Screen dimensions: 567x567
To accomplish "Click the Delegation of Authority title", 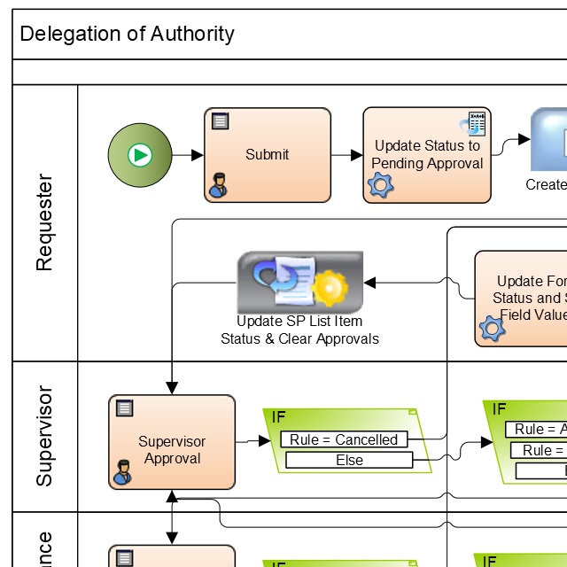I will [x=127, y=35].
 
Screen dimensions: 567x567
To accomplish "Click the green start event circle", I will [x=138, y=155].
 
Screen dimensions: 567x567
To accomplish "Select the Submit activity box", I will [x=268, y=155].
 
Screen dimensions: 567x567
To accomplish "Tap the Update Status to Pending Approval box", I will [x=427, y=155].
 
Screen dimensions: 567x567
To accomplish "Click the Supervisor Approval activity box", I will [x=172, y=450].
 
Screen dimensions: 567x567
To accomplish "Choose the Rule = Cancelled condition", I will [x=344, y=439].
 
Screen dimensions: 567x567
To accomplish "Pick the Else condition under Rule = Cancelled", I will [x=349, y=461].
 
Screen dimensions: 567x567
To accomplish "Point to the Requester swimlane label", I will [x=44, y=222].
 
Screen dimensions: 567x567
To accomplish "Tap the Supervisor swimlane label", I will [x=44, y=436].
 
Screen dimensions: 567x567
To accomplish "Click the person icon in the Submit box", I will [x=217, y=187].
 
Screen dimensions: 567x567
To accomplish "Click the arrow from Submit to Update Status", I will [x=346, y=155].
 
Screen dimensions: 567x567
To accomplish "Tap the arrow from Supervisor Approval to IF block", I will [x=253, y=441].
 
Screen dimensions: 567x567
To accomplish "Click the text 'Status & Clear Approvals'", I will [x=299, y=339].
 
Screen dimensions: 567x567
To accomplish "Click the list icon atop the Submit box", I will [x=220, y=121].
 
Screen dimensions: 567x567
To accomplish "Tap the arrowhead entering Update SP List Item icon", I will [x=370, y=283].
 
